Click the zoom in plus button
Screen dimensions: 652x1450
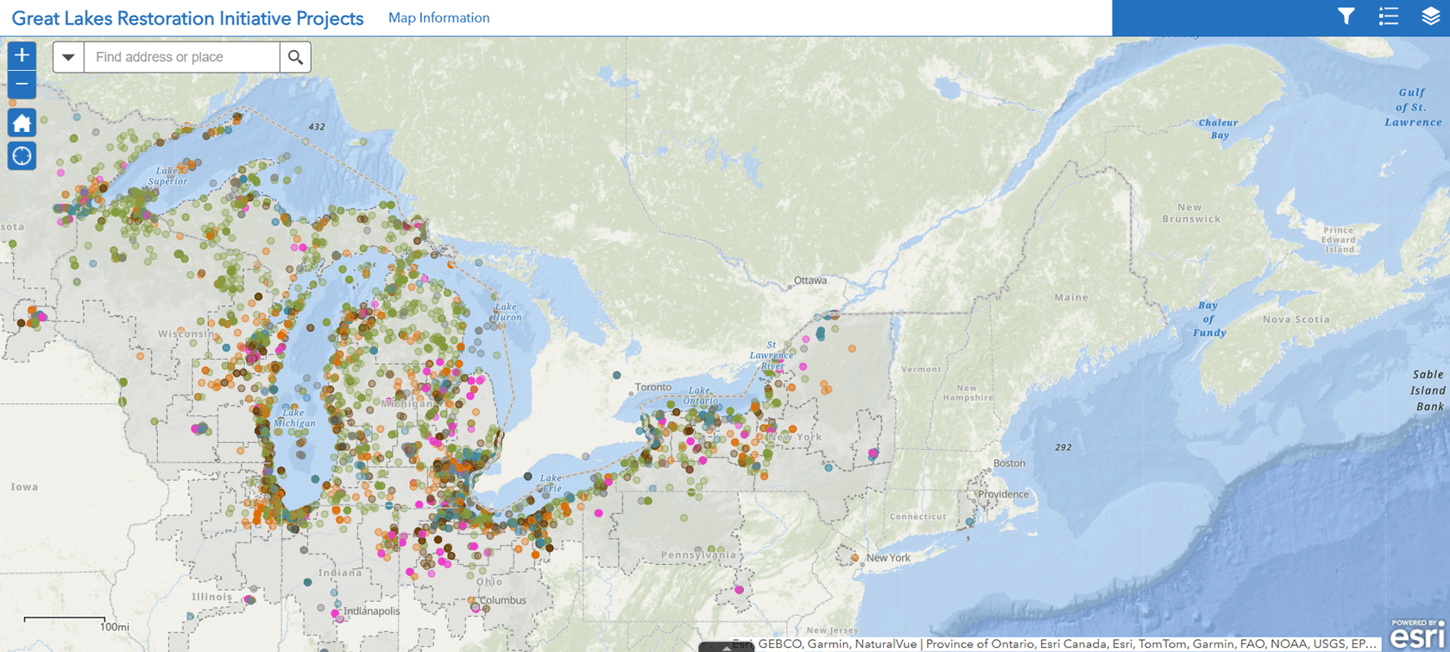(22, 56)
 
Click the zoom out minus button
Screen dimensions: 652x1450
(22, 85)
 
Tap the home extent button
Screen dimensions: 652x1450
(22, 123)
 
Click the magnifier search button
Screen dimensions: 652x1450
(295, 57)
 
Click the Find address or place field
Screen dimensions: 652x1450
(181, 57)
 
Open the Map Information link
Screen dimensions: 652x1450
(438, 18)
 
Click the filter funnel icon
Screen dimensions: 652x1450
(1346, 16)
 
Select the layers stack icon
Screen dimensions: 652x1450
(1430, 16)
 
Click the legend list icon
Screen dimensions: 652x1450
(1388, 16)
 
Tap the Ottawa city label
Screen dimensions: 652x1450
(810, 281)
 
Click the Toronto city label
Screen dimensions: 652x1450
(652, 387)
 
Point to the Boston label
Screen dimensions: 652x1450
(1009, 464)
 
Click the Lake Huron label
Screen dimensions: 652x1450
(507, 312)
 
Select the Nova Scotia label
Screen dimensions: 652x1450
(1296, 320)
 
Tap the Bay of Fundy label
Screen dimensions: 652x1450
(1208, 319)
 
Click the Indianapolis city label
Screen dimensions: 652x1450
(372, 611)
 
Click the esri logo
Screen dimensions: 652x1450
(1416, 636)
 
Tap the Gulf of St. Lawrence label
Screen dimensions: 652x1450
(1413, 107)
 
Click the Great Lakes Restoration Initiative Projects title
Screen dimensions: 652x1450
(187, 18)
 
